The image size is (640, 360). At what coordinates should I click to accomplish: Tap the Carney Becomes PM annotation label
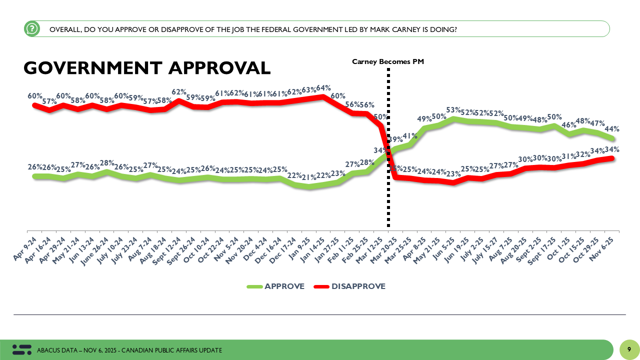(x=388, y=61)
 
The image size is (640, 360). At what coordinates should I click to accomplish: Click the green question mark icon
(x=32, y=29)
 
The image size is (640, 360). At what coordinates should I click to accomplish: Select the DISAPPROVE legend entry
(x=350, y=286)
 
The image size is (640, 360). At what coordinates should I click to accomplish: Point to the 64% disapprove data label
(x=322, y=88)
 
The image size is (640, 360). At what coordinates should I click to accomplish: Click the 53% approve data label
(x=452, y=110)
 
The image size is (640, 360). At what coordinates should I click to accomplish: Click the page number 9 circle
(x=629, y=349)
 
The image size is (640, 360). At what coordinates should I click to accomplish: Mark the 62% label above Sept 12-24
(x=179, y=92)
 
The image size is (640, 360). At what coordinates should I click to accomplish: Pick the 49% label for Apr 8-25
(x=424, y=119)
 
